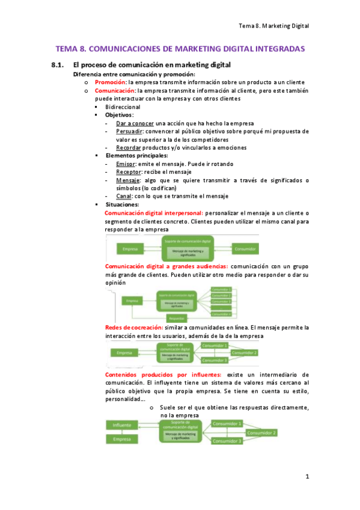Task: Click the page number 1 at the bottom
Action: (307, 477)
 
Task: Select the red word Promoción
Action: (110, 82)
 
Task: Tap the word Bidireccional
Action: (123, 106)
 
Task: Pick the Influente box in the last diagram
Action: (122, 425)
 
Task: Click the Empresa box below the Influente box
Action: (122, 440)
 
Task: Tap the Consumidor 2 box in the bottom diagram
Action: (261, 432)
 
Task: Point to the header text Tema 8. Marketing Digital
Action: (273, 26)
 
